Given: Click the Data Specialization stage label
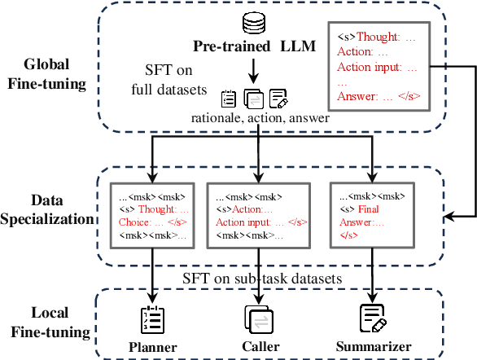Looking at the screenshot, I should (46, 209).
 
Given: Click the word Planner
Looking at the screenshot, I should (153, 346).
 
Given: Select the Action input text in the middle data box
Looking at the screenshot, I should (243, 221).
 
